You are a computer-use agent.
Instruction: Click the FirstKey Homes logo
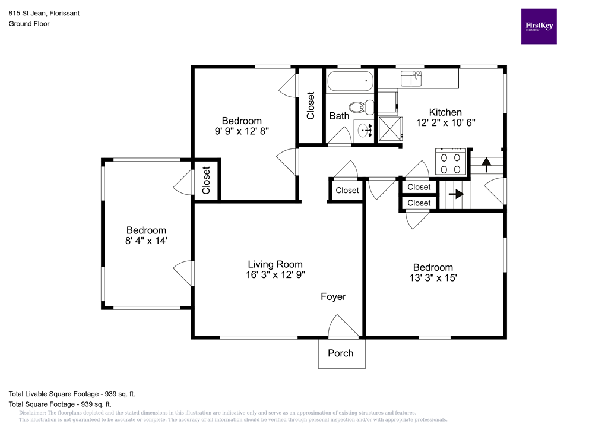coord(539,26)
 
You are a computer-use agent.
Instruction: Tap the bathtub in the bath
coord(350,80)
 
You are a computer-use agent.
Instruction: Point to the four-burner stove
coord(451,162)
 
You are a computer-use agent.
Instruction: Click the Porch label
coord(341,353)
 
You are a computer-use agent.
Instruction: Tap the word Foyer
coord(333,296)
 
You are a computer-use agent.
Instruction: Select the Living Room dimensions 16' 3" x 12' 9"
coord(275,274)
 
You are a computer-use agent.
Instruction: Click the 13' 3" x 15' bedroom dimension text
coord(433,277)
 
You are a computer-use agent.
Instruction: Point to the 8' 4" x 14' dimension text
coord(146,241)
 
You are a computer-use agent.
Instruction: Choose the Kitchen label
coord(445,112)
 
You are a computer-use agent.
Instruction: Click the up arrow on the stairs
coord(486,163)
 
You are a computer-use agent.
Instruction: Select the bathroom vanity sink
coord(364,129)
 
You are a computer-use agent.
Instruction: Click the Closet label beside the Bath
coord(311,106)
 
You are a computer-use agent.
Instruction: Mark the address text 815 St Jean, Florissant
coord(44,12)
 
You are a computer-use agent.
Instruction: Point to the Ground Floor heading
coord(29,24)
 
